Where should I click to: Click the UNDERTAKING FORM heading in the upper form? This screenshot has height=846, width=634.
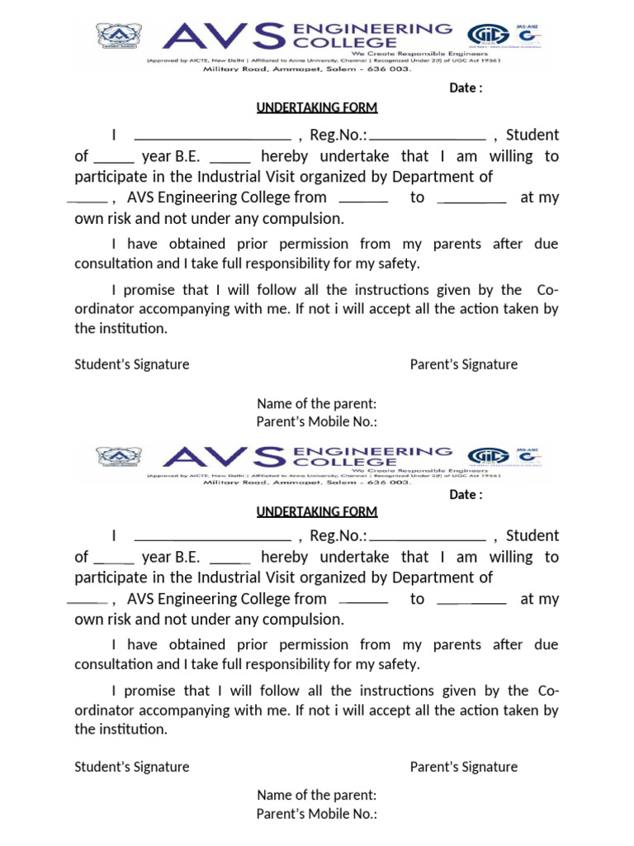(x=316, y=108)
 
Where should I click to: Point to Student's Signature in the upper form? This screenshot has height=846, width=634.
(x=132, y=364)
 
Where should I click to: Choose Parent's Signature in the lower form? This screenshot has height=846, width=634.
(x=464, y=767)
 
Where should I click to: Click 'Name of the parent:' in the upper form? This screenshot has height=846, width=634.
(x=316, y=403)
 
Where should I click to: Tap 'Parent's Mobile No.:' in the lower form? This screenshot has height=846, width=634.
(x=316, y=814)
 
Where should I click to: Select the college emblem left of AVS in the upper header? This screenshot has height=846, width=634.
(x=119, y=36)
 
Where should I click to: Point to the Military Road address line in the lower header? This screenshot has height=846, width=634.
(x=307, y=482)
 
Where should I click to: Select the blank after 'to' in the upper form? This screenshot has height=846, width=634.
(x=471, y=201)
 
